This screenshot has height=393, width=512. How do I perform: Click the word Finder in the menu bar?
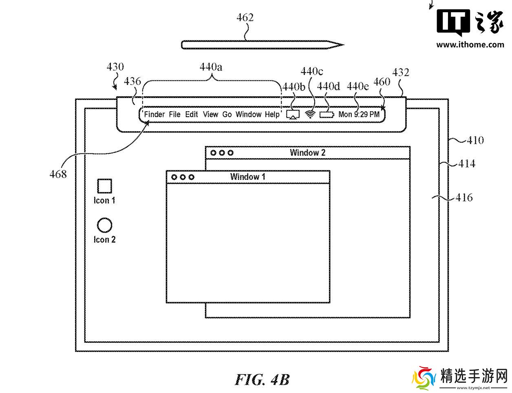(x=154, y=114)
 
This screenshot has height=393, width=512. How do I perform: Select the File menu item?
(x=174, y=114)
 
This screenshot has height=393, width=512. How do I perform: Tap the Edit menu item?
(x=192, y=114)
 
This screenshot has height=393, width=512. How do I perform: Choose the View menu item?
(x=210, y=114)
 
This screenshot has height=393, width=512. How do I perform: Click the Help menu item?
(x=272, y=114)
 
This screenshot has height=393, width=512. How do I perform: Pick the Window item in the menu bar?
(x=248, y=114)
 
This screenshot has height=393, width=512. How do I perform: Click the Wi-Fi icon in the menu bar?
(x=311, y=115)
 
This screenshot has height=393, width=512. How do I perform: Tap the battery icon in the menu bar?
(x=327, y=115)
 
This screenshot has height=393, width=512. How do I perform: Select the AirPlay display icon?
(x=293, y=115)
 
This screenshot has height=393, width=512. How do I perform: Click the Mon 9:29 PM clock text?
(x=359, y=114)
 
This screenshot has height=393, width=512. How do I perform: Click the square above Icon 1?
(x=104, y=186)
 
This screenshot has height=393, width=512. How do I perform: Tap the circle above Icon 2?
(x=104, y=225)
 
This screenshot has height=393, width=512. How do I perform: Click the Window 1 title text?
(x=247, y=177)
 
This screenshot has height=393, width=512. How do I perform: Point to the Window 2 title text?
(x=307, y=153)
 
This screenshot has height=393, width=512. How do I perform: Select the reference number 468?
(x=58, y=174)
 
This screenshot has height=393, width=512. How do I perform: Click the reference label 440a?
(x=211, y=66)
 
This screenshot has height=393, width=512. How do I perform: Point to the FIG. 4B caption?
(x=262, y=380)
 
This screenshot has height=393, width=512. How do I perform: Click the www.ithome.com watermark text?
(x=470, y=45)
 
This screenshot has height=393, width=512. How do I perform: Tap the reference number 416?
(x=464, y=198)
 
